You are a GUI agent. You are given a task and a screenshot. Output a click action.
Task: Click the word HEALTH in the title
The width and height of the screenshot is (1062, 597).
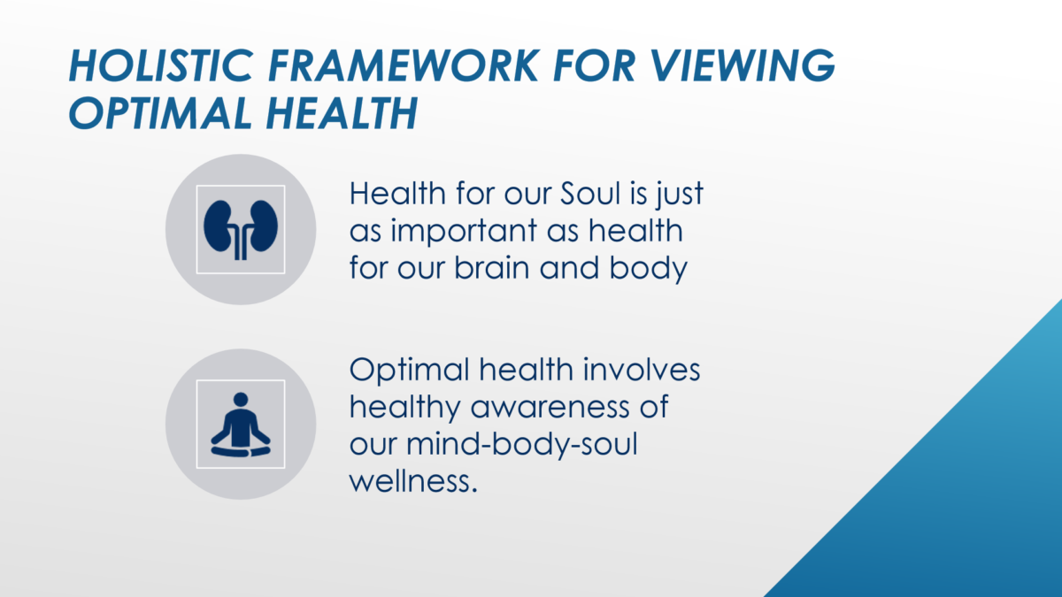(342, 113)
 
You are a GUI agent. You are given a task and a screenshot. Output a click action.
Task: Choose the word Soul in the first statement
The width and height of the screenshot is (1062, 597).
(590, 194)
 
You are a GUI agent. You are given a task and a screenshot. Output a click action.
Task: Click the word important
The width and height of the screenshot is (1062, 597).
(464, 232)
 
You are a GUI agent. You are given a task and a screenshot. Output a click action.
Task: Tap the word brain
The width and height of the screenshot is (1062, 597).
(492, 268)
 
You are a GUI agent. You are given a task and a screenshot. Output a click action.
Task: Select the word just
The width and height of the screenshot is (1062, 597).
(680, 195)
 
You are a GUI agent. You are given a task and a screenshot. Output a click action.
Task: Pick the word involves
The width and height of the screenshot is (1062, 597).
(642, 370)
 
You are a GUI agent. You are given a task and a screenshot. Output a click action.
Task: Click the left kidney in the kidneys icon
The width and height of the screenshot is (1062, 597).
(218, 226)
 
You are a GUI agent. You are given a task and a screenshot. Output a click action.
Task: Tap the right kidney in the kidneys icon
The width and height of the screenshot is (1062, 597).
(264, 226)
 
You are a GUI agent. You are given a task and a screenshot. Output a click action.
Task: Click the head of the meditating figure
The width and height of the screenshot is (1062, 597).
(241, 400)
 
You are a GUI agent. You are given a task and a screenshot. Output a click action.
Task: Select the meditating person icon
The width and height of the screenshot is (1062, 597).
(241, 425)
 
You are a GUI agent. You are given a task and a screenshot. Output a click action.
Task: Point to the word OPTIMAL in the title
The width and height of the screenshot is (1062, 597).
(161, 113)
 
